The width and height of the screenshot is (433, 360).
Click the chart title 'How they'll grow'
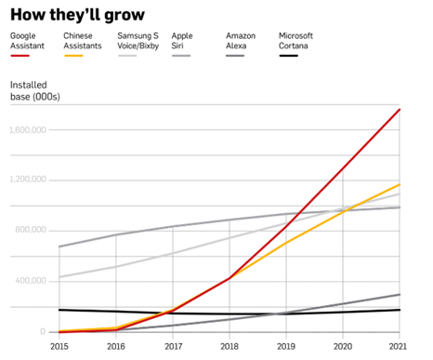tap(77, 15)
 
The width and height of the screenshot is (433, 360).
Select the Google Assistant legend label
tap(27, 41)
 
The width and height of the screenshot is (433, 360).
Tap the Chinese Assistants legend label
tap(83, 41)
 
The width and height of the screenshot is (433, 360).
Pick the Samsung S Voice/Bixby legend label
tap(138, 41)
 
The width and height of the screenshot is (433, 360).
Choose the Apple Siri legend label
tap(182, 41)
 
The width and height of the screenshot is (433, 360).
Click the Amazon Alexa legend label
tap(241, 41)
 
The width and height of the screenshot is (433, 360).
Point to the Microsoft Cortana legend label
tap(295, 41)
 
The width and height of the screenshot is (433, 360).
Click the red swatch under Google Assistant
tap(20, 56)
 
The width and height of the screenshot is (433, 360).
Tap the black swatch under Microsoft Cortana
tap(288, 56)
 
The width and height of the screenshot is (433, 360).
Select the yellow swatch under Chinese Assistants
tap(73, 56)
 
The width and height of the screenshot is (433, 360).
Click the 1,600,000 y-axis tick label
tap(28, 129)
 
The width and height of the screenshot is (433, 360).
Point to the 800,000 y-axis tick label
tap(31, 230)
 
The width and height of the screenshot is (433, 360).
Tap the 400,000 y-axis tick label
tap(31, 280)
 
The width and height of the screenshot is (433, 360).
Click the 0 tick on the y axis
tap(43, 331)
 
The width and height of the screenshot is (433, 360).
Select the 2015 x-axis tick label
tap(59, 346)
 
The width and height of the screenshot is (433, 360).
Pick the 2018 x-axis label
tap(230, 346)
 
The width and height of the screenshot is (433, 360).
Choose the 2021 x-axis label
tap(398, 346)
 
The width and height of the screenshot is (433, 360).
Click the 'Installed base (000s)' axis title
tap(35, 90)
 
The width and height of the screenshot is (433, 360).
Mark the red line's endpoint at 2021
tap(400, 110)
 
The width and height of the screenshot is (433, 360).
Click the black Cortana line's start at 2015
tap(59, 310)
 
